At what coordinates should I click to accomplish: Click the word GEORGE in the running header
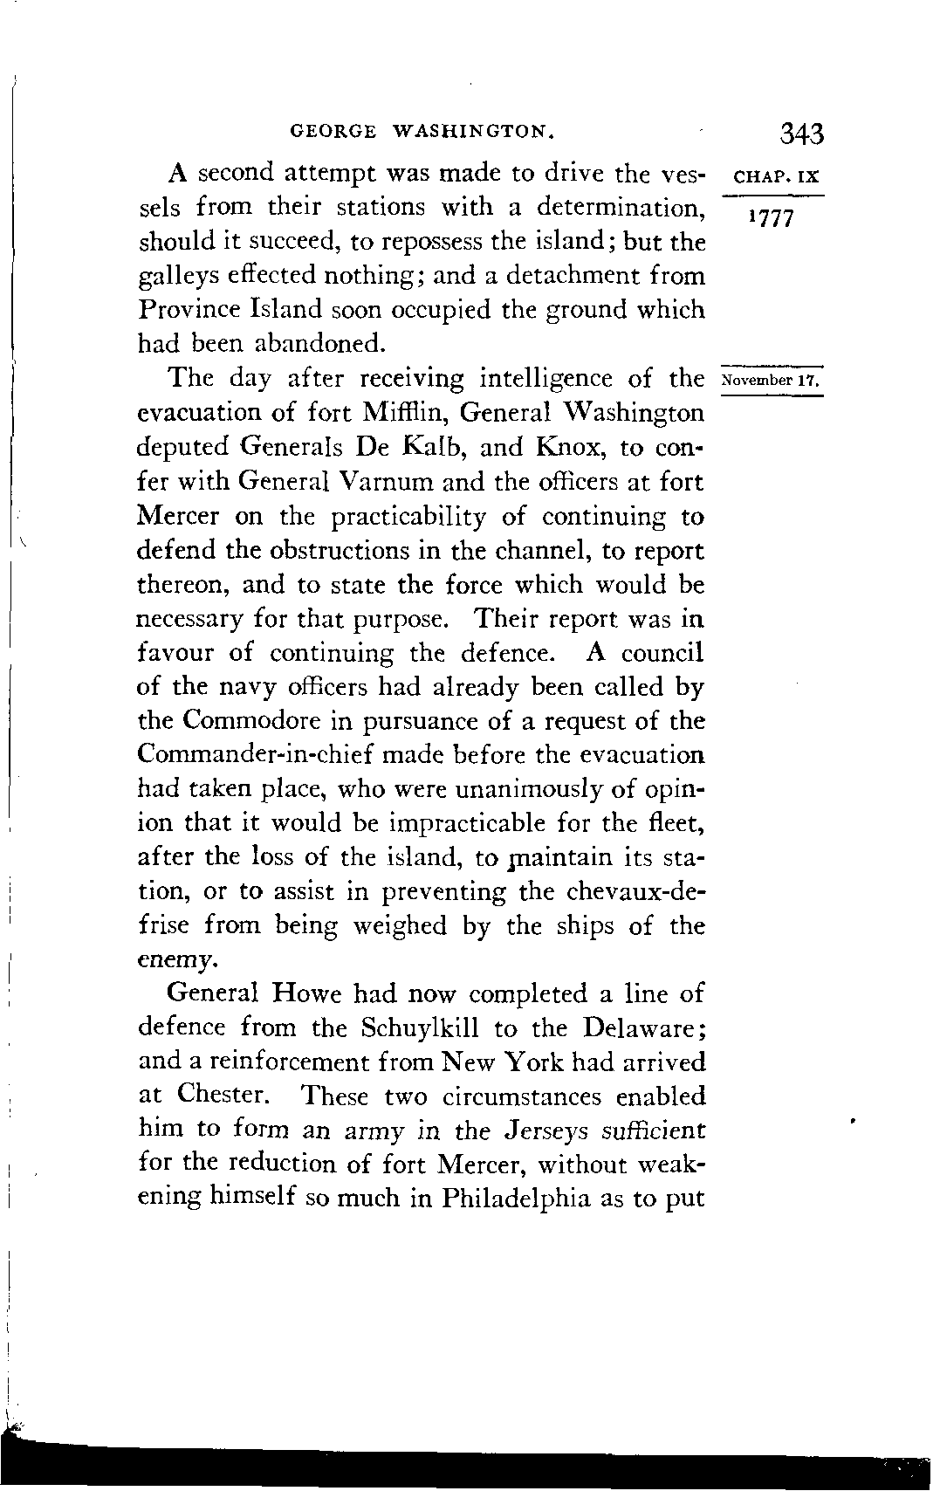[333, 133]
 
